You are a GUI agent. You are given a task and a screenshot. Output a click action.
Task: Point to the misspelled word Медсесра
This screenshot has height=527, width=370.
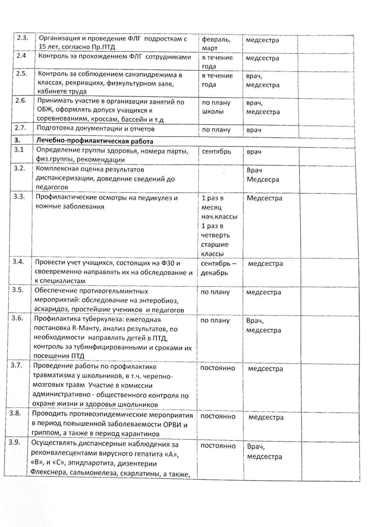[263, 180]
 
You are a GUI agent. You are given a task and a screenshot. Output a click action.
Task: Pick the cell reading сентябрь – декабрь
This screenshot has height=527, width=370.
[218, 268]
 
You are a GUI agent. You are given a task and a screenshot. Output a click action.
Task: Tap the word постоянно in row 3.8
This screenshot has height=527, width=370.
[218, 416]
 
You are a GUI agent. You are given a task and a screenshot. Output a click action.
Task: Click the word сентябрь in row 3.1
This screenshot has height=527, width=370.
[216, 152]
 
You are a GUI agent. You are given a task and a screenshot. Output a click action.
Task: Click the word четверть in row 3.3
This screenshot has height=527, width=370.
[215, 235]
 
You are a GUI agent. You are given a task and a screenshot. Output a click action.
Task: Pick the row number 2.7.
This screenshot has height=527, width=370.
[21, 127]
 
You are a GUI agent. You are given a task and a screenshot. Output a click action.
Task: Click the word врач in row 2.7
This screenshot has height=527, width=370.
[254, 130]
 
